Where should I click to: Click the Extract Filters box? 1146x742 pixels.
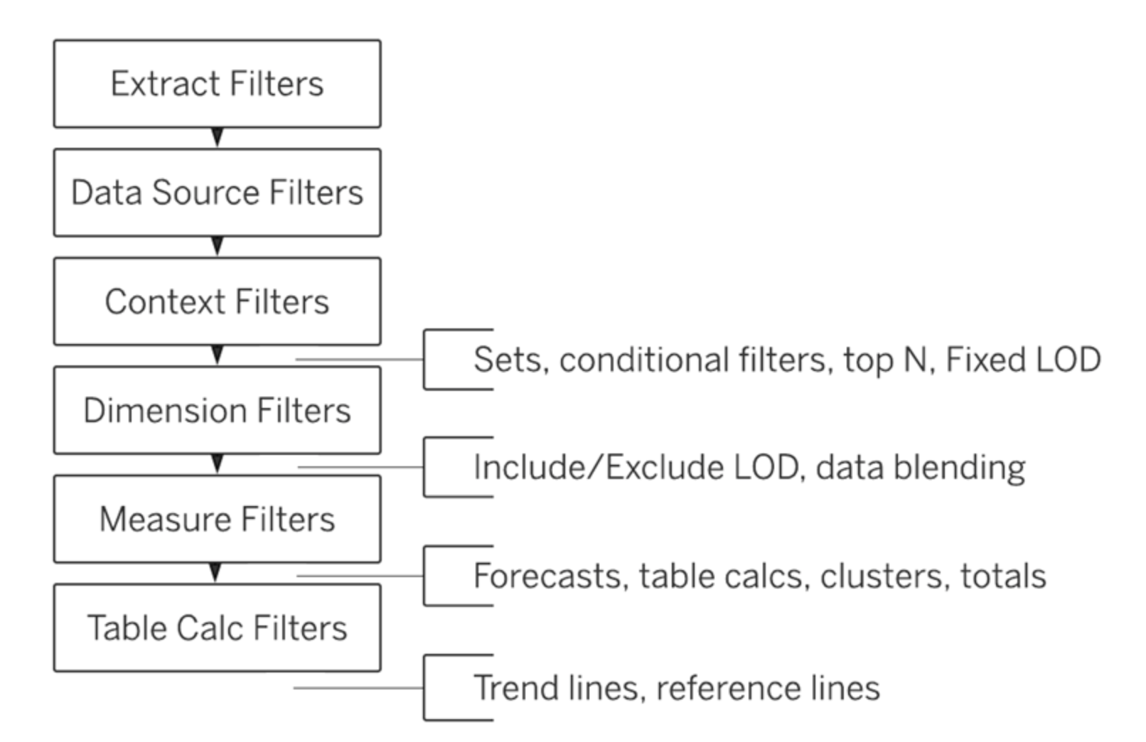point(218,83)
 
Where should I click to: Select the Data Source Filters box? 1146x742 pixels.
point(218,193)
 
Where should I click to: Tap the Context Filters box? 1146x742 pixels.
point(218,301)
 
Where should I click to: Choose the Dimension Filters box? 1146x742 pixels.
point(218,410)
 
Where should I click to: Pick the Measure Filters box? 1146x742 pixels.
point(218,519)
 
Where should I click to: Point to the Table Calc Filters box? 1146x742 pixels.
point(218,628)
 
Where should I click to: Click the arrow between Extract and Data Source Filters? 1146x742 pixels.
point(218,137)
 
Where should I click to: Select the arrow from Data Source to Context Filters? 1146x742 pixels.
point(218,246)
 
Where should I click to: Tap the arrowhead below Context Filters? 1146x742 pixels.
point(218,355)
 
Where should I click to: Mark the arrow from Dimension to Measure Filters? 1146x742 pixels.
point(218,464)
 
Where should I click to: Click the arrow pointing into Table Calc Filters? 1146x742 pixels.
point(215,573)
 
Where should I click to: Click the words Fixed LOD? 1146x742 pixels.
point(1023,359)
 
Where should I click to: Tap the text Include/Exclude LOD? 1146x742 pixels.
point(636,467)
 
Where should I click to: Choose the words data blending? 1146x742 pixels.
point(921,468)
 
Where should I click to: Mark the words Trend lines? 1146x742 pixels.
point(557,687)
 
